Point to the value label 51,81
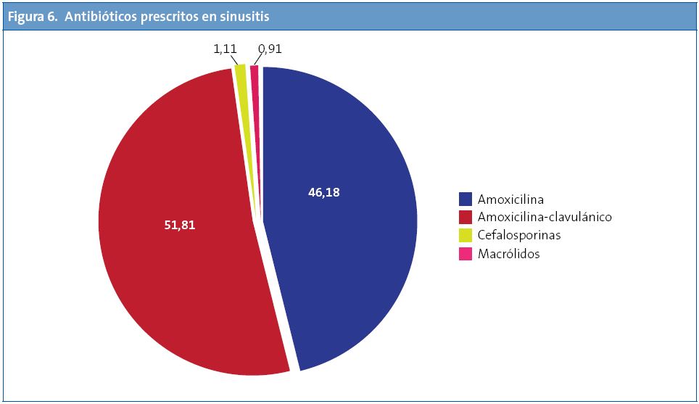[180, 225]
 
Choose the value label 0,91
[270, 50]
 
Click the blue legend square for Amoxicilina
[466, 199]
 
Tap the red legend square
[466, 217]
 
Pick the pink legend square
[466, 254]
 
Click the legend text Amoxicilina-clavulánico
[545, 217]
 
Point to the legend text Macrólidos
[509, 254]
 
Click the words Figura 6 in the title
[32, 17]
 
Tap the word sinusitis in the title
[246, 17]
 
